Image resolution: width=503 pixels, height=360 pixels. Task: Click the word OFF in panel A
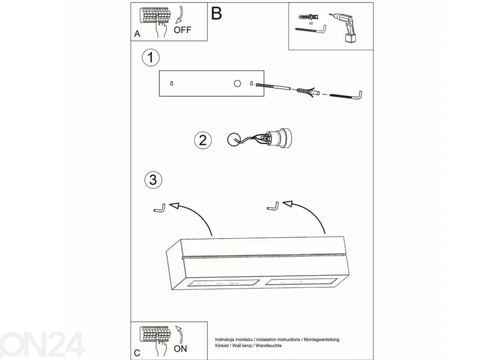point(182,30)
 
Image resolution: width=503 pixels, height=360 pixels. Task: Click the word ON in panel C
point(180,349)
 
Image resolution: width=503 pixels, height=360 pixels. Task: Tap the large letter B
point(217,14)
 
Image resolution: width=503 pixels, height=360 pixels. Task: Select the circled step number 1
point(150,58)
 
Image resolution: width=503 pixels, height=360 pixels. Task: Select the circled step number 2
point(203,141)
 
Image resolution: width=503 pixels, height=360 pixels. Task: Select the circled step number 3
point(153,179)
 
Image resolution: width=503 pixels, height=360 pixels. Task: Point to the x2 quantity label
point(311,23)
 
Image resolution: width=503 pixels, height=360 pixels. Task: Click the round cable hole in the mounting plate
point(237,83)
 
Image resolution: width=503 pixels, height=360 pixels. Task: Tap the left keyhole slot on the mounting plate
point(171,83)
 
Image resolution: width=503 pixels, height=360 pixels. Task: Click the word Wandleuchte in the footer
point(269,346)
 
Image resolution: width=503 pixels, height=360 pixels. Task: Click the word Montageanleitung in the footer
point(321,339)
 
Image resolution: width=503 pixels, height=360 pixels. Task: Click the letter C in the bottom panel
point(137,353)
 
